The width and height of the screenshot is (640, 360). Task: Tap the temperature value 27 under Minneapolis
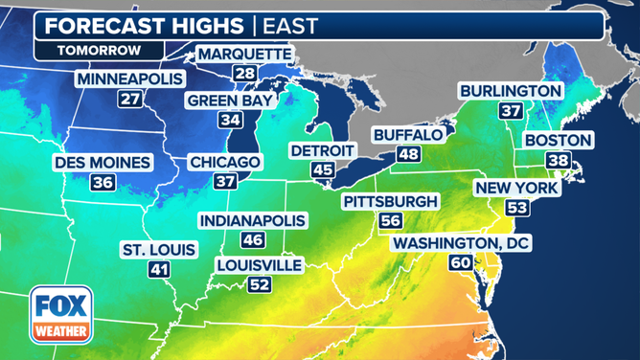coord(129,98)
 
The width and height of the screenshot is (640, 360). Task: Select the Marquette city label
coord(243,55)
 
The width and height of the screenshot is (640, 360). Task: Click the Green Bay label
coord(230,101)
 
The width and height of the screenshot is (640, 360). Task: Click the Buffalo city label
coord(407,135)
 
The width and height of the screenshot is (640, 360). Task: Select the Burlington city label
coord(510,91)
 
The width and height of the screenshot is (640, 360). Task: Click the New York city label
coord(516,188)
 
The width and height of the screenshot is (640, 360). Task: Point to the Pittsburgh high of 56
coord(390,220)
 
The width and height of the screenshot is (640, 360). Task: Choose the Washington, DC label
coord(460,244)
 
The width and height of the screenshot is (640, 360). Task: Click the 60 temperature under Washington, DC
coord(460,262)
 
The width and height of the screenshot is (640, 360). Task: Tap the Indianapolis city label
coord(253,221)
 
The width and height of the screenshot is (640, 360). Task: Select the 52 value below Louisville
coord(259,283)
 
